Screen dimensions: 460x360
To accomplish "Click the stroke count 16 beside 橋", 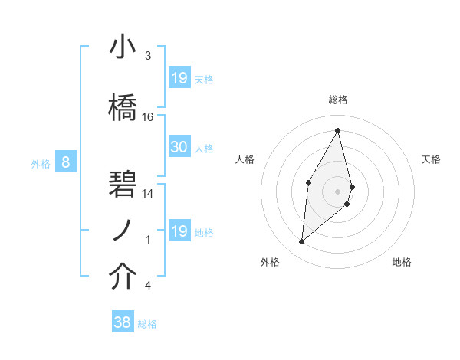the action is (x=148, y=117).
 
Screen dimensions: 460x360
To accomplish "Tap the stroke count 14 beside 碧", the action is (x=148, y=194).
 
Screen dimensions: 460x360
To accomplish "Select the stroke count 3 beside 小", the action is (x=148, y=56).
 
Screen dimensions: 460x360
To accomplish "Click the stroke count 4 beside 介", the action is (x=148, y=286).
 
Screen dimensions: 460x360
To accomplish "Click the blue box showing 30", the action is (x=179, y=147).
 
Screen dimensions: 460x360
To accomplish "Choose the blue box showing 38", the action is (x=123, y=322).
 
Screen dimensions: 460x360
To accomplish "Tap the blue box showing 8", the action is (x=66, y=162).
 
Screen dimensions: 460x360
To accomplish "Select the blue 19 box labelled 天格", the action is (x=179, y=78).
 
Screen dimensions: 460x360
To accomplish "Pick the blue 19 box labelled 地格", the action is (x=179, y=231).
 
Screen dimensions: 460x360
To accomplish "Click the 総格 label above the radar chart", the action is (x=338, y=100).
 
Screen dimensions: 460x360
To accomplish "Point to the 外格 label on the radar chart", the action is (x=269, y=263).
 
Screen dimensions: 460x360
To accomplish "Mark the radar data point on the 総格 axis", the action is (x=338, y=130).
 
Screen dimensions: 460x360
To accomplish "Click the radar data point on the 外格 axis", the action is (x=301, y=242).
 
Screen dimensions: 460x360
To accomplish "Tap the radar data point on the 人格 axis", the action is (x=308, y=182).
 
